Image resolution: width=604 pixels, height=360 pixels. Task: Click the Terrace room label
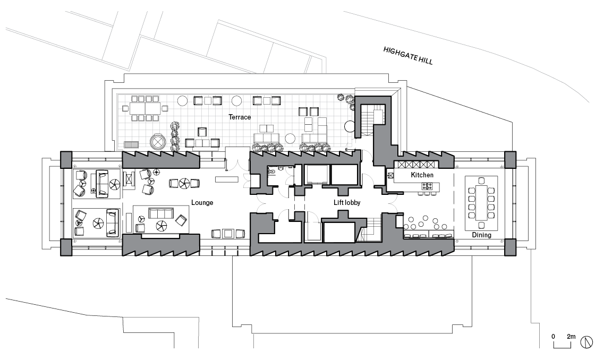coord(240,116)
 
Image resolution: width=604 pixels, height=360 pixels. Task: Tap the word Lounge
coord(202,202)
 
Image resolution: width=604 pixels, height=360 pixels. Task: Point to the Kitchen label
coord(422,175)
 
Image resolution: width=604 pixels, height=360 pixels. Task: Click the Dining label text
coord(481,235)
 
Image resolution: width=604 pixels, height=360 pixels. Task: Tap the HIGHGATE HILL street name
coord(408,55)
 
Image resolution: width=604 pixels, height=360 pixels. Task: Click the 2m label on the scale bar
coord(571,337)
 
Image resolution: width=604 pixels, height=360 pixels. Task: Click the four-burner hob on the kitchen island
coord(427,186)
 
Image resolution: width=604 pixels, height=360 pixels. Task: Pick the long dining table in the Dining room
coord(482,202)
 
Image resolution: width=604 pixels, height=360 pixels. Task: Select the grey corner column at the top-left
coord(66,159)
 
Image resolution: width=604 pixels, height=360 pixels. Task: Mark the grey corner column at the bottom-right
coord(509,247)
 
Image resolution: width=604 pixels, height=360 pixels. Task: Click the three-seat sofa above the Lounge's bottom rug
coord(160,213)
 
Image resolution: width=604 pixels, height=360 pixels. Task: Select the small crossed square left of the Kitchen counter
coord(389,175)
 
